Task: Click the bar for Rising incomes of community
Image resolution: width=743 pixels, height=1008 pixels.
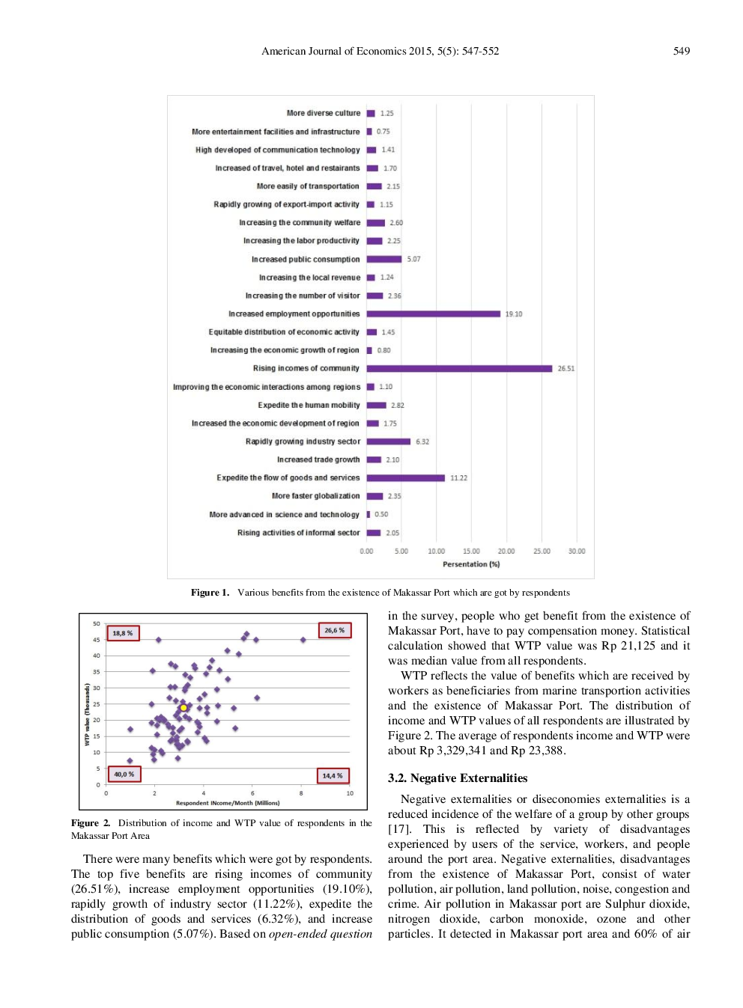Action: (459, 368)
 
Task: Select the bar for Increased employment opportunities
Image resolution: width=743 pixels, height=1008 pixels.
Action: (433, 314)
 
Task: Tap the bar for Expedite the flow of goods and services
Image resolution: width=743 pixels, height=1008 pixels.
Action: (405, 477)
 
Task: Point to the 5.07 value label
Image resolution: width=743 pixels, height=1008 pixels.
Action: (413, 259)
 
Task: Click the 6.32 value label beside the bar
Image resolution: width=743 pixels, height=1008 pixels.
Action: (422, 442)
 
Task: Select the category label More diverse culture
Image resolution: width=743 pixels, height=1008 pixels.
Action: (323, 113)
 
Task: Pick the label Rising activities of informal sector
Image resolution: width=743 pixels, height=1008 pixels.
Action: (298, 533)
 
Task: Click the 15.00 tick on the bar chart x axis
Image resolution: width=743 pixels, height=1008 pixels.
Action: (471, 551)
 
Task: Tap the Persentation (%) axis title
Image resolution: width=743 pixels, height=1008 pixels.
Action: (471, 564)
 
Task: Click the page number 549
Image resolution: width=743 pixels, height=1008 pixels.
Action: (681, 51)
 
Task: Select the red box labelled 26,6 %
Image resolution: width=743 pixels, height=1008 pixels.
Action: (334, 630)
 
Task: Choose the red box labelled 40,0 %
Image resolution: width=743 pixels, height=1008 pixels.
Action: (124, 775)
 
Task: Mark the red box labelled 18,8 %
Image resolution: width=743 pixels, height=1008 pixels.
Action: (122, 633)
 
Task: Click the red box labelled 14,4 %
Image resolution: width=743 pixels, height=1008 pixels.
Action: (333, 775)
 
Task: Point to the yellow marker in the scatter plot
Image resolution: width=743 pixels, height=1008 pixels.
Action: (183, 707)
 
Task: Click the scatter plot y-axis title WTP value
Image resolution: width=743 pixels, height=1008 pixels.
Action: (87, 714)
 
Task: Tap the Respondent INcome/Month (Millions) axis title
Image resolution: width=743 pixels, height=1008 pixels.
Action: (228, 803)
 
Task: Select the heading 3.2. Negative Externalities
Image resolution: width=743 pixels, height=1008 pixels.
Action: (457, 778)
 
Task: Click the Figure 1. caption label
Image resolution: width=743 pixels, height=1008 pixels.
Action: (210, 593)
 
